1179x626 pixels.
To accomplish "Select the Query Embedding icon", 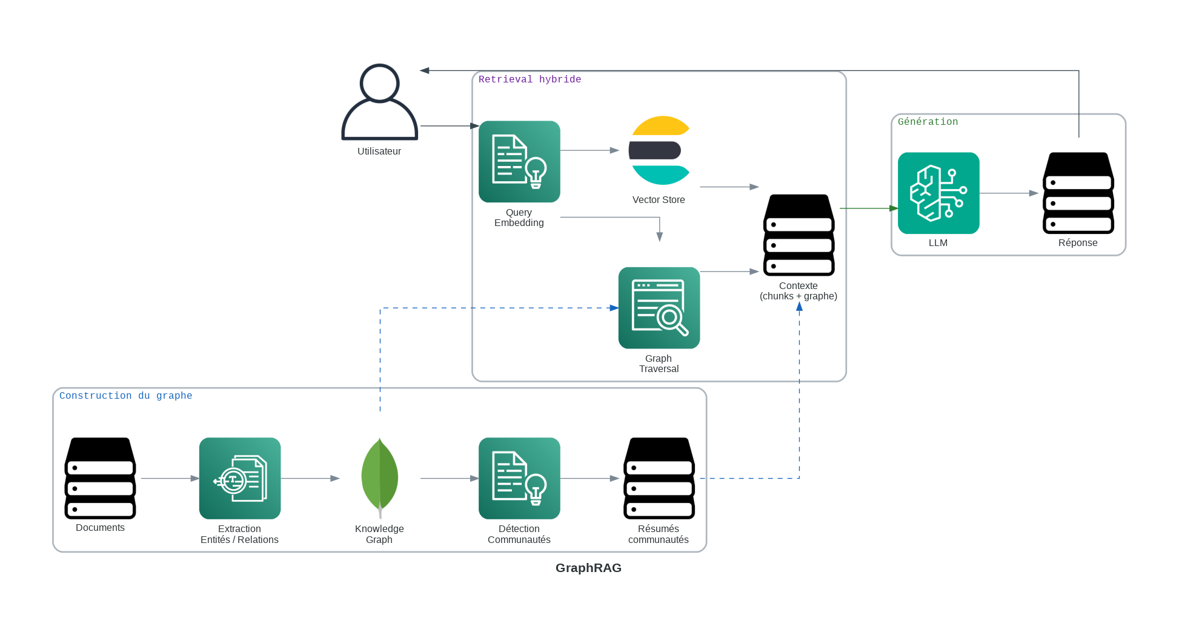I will (x=519, y=161).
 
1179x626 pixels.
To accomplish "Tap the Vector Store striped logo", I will (x=659, y=150).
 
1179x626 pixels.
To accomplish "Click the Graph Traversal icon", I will (x=659, y=308).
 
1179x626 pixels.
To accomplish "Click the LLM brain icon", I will (x=938, y=193).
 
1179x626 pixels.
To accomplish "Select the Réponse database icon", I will (x=1078, y=193).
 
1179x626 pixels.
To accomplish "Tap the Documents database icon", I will (x=100, y=478).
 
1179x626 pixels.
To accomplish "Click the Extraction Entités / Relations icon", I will (x=240, y=478).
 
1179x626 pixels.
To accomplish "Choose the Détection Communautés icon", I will (x=519, y=478).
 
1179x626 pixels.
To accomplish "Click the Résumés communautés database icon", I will (x=659, y=478).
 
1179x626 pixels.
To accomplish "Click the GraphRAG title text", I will (x=588, y=568).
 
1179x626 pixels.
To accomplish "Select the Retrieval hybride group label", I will (x=530, y=79).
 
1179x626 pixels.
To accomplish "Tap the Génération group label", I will (x=928, y=122).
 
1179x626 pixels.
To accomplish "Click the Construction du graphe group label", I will (x=125, y=396).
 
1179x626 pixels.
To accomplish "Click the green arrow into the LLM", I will (x=868, y=208).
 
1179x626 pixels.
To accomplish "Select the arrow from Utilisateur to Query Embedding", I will (x=449, y=126).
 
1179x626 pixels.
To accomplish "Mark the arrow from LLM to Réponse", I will (x=1008, y=193).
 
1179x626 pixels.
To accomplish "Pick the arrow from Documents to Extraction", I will (x=170, y=478).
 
